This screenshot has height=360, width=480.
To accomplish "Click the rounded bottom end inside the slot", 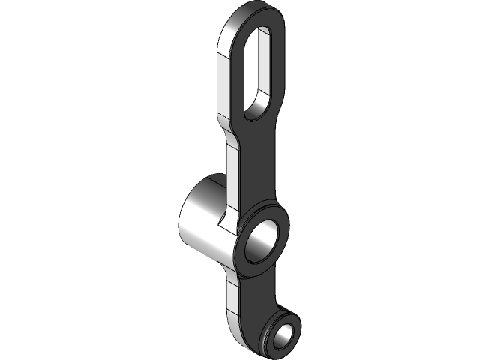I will [x=256, y=110].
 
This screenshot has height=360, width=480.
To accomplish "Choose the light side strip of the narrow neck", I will [x=232, y=172].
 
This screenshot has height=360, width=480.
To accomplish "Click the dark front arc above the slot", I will [x=264, y=19].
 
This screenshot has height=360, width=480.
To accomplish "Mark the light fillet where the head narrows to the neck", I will [x=224, y=127].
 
